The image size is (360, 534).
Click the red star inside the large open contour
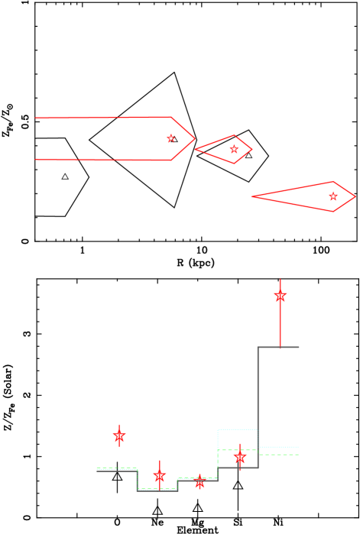click(170, 138)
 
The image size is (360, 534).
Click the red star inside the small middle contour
click(234, 149)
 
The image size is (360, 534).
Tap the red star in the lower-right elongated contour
click(332, 196)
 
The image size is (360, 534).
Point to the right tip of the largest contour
click(194, 138)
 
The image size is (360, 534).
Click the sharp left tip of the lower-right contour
click(252, 196)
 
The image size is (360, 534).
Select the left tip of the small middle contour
click(196, 149)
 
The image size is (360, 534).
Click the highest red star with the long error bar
click(280, 295)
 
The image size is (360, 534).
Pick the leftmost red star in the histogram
click(119, 435)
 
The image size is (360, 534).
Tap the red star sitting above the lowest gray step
click(159, 476)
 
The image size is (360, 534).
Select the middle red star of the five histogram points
click(199, 482)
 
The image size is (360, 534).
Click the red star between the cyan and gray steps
click(240, 456)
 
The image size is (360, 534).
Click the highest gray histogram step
click(278, 347)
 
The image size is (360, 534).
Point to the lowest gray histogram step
click(157, 490)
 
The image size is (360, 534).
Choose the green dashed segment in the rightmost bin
click(278, 455)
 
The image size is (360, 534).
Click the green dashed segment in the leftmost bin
click(116, 468)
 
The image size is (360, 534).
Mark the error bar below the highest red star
click(280, 325)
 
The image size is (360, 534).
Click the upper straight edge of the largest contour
click(103, 118)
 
